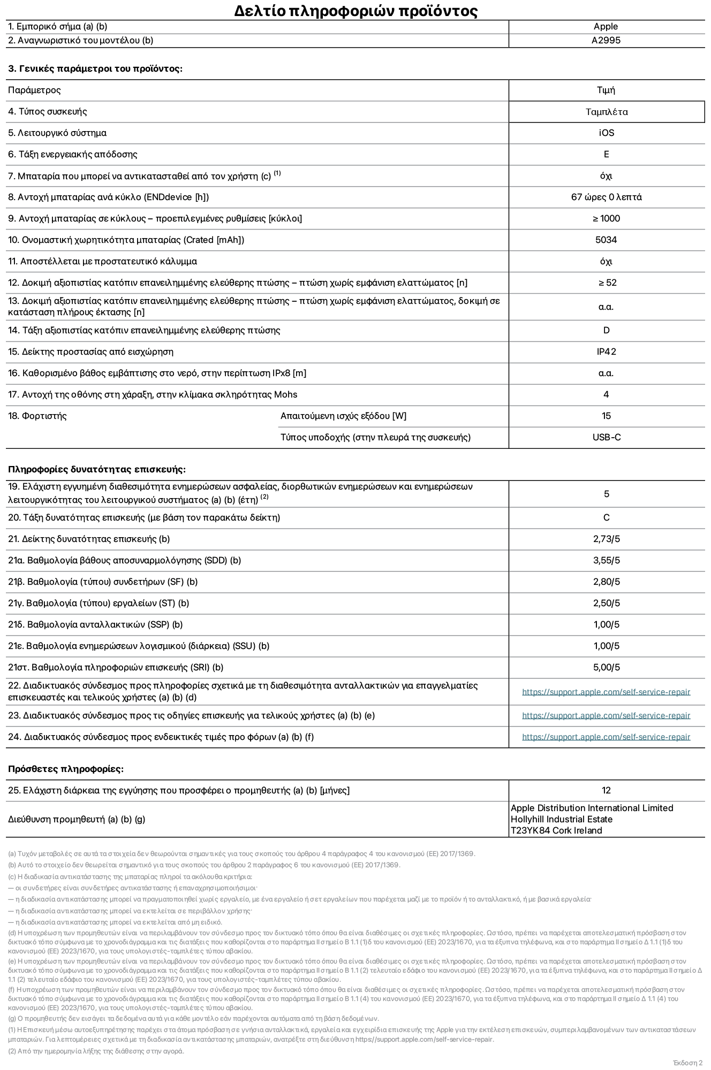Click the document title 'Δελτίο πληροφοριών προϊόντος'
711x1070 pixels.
(355, 11)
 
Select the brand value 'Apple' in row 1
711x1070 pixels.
(606, 27)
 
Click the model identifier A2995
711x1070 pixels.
(606, 41)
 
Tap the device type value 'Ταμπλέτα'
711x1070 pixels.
(606, 112)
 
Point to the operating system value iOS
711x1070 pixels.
(606, 133)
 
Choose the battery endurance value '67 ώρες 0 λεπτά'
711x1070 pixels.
(606, 197)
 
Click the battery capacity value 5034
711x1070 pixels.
(606, 240)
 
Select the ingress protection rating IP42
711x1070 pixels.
(606, 352)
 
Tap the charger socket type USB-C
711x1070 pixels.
(606, 438)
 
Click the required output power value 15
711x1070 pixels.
(606, 416)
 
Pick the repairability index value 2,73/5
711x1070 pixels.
(606, 539)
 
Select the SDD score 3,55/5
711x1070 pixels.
(606, 561)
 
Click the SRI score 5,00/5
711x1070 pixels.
(606, 668)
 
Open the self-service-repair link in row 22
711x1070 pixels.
(606, 692)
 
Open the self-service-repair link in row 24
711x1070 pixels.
(606, 737)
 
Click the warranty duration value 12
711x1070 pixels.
(606, 791)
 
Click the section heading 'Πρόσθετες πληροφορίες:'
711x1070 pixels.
(66, 769)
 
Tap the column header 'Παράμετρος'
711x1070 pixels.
(34, 90)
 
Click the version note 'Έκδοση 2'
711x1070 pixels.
(687, 1063)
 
